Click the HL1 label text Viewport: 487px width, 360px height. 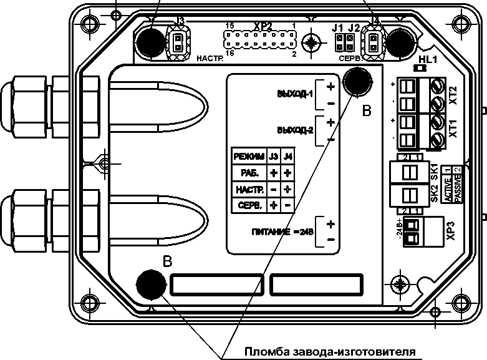pos(429,59)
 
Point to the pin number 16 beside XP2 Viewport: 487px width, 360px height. pos(229,54)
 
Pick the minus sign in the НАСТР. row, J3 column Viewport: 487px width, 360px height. pos(272,188)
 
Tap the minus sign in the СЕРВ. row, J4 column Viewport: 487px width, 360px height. pos(287,205)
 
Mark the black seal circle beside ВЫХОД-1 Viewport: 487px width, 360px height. pos(357,82)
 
